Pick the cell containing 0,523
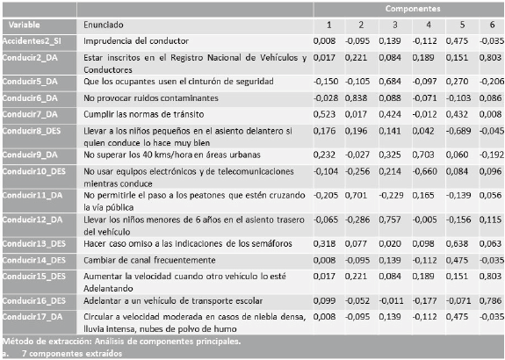click(324, 114)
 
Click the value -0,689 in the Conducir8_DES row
click(454, 134)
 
